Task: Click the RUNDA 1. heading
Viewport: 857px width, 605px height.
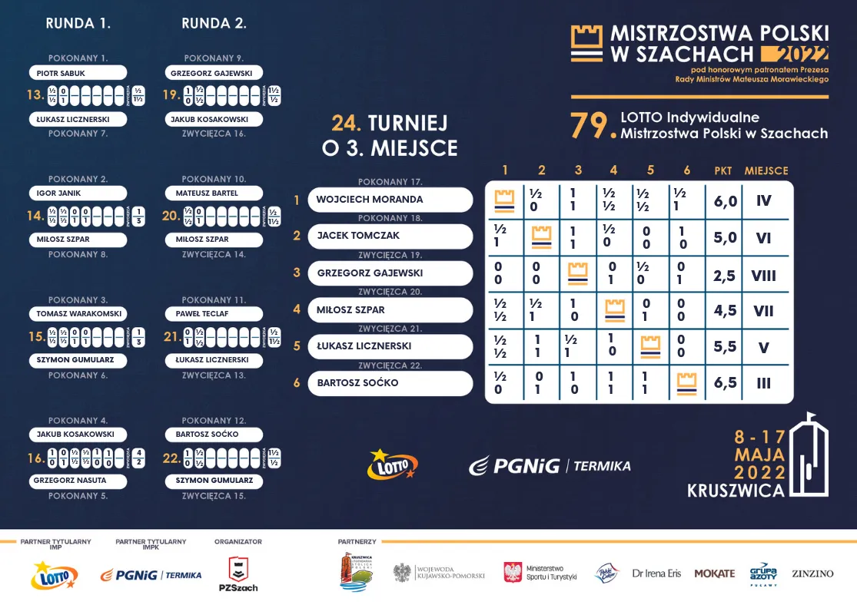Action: pos(78,23)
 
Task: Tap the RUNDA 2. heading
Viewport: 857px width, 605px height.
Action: pos(214,23)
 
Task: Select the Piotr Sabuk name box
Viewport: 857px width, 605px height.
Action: pos(78,73)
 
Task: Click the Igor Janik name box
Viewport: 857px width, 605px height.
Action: pos(78,193)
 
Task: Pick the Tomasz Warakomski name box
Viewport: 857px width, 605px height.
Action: pos(78,314)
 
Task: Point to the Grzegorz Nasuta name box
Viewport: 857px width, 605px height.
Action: pos(78,481)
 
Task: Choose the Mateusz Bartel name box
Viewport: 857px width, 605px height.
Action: pos(214,193)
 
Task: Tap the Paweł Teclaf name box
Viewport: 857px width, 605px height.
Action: pos(214,314)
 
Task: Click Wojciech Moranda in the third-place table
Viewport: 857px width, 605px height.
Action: pos(390,200)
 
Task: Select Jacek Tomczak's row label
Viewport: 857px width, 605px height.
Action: pos(390,236)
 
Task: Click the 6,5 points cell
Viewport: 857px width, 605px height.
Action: pos(725,383)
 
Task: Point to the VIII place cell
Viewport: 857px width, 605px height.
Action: pos(763,275)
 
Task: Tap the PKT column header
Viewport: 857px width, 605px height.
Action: pos(722,170)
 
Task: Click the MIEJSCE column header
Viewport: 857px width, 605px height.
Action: pos(766,170)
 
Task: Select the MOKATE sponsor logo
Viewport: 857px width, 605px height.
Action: pos(714,574)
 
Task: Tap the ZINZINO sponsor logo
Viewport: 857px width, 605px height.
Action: pos(812,574)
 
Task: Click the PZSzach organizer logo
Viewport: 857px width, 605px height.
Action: pos(238,574)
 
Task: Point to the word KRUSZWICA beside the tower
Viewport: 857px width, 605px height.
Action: pos(736,490)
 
